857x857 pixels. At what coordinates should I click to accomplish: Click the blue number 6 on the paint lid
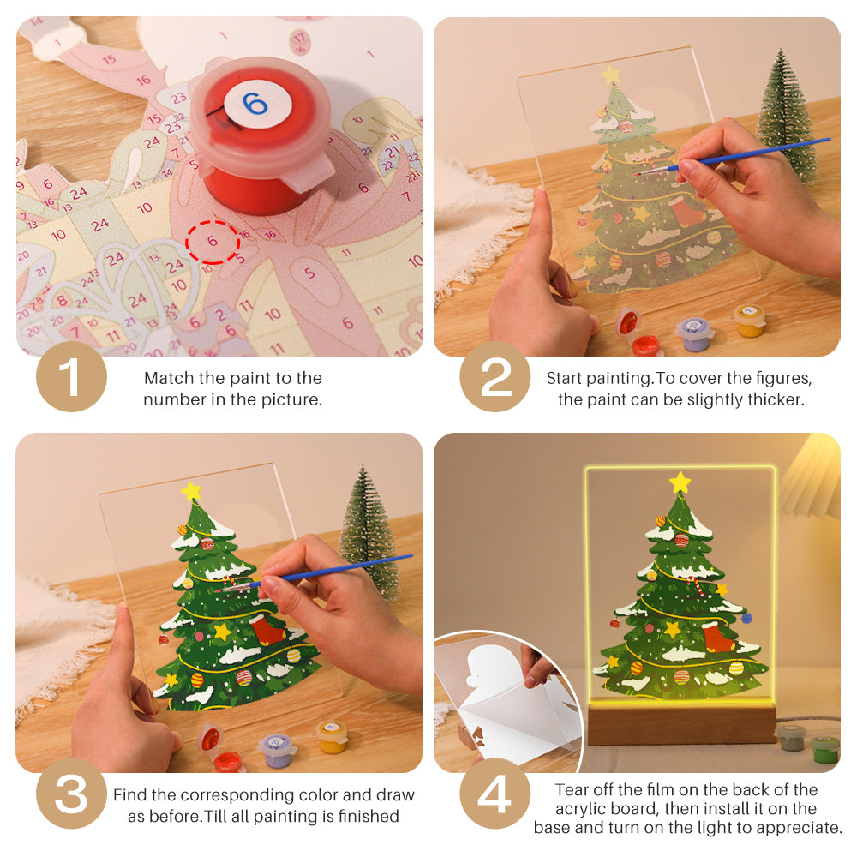[255, 105]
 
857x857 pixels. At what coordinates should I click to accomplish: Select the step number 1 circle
[71, 377]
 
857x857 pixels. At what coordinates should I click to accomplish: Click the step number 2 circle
[495, 377]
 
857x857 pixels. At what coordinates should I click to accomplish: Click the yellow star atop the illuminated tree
[680, 482]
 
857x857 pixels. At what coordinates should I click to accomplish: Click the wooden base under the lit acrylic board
[681, 724]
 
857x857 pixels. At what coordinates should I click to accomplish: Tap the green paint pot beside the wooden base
[824, 747]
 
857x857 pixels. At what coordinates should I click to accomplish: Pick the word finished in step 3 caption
[365, 817]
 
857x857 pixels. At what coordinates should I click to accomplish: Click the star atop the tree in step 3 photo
[190, 492]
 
